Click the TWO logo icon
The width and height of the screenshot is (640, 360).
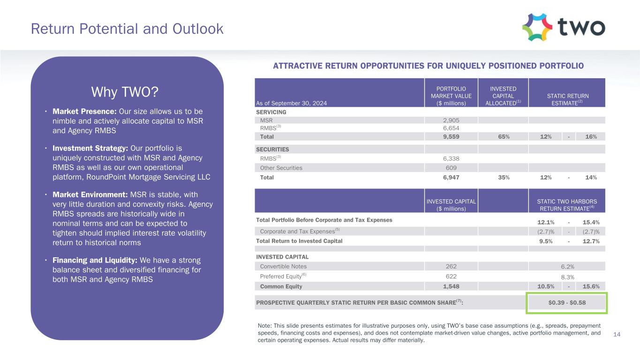tap(537, 27)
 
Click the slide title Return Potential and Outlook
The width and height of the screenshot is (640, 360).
tap(127, 29)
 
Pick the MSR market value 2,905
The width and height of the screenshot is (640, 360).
tap(451, 120)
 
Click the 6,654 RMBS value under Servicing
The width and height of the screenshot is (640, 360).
tap(451, 128)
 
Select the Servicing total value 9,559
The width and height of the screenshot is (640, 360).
tap(451, 136)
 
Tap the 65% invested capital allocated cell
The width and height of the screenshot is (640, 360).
tap(503, 136)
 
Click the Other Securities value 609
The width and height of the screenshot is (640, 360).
tap(451, 167)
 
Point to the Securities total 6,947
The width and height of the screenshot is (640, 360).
tap(451, 178)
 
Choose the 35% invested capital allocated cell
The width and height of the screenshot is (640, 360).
tap(503, 178)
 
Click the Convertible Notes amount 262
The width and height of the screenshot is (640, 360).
tap(451, 266)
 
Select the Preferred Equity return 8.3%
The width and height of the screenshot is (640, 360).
tap(567, 277)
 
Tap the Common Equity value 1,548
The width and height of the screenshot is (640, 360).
tap(451, 286)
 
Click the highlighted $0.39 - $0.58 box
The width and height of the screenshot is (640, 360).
tap(567, 302)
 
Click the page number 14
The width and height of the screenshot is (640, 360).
tap(617, 334)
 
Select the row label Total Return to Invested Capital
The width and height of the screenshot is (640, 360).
tap(299, 241)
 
